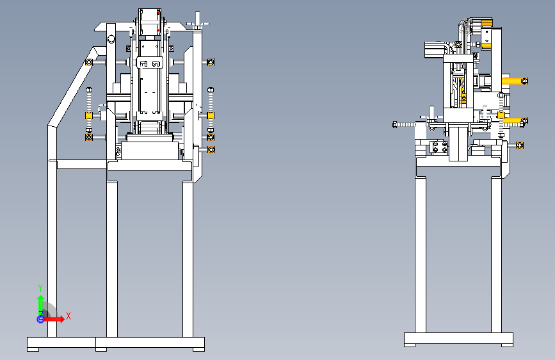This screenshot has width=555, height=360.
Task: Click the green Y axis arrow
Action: pos(41,304)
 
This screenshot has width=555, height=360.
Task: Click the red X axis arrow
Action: pos(54,319)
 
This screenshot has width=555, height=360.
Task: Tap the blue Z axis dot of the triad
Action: pos(40,319)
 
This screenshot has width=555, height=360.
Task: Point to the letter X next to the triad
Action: pos(68,316)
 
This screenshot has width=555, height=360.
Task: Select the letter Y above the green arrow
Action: pos(40,288)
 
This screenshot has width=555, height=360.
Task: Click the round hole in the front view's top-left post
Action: pos(111,38)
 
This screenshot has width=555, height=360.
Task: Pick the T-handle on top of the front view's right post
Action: pos(198,22)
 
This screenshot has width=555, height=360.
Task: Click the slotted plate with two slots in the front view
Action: pos(150,63)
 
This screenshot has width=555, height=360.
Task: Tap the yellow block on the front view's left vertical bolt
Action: pos(88,115)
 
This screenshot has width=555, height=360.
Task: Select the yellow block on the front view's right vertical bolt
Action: pos(211,115)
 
